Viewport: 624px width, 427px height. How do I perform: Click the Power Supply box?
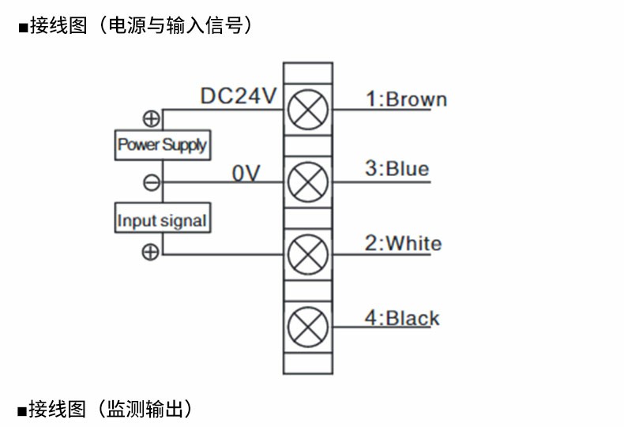(x=162, y=144)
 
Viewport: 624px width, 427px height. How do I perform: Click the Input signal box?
(x=162, y=219)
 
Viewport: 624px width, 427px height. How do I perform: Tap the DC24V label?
(x=238, y=96)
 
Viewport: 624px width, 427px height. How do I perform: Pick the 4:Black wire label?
(x=401, y=318)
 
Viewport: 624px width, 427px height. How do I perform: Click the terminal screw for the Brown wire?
(x=307, y=109)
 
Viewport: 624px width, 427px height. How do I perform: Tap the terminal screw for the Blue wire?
(x=307, y=183)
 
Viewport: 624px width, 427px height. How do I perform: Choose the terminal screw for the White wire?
(x=307, y=254)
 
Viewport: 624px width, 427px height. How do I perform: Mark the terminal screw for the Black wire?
(x=307, y=326)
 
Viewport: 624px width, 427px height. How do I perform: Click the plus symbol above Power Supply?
(x=151, y=119)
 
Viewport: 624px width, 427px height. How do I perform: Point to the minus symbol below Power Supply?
(x=151, y=183)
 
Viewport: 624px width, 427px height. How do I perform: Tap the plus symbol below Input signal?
(x=151, y=252)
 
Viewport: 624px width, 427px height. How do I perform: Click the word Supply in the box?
(x=184, y=145)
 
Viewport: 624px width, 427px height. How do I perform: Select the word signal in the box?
(x=184, y=220)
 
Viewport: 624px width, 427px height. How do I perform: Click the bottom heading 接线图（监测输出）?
(x=110, y=409)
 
